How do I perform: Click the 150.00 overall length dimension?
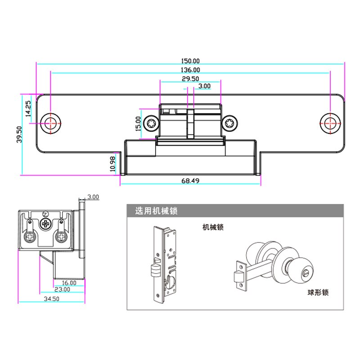pos(190,61)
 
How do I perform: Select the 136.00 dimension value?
pos(190,70)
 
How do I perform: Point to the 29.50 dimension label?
pos(190,78)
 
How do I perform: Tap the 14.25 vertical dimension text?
pos(28,108)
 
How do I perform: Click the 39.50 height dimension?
pos(19,134)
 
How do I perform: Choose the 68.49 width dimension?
pos(190,181)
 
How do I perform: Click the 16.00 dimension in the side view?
pos(69,283)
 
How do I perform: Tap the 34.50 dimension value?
pos(51,298)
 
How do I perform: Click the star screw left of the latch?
pos(152,122)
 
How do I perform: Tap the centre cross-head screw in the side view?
pos(45,224)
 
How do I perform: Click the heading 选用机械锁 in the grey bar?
pos(156,211)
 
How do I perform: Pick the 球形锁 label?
pos(318,292)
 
